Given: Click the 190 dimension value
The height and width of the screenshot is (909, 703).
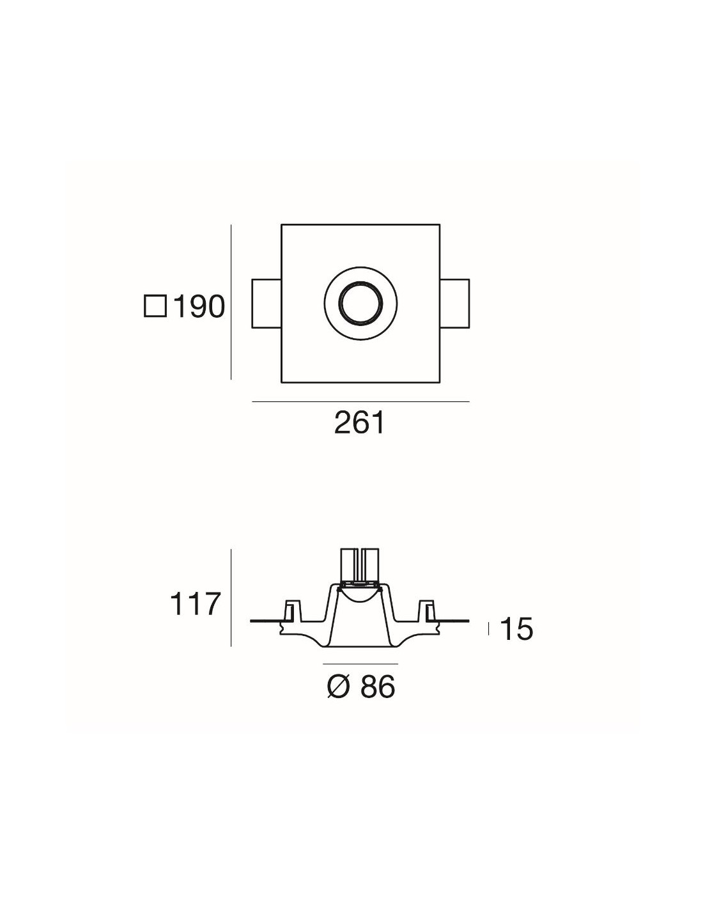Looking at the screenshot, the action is tap(199, 306).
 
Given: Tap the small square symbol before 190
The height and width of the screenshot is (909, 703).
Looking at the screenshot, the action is tap(155, 306).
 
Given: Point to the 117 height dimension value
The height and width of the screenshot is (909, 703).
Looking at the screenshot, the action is tap(195, 605).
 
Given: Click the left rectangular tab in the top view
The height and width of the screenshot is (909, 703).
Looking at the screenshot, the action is tap(267, 303).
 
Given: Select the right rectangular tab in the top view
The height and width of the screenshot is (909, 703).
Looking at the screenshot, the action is tap(454, 303).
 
